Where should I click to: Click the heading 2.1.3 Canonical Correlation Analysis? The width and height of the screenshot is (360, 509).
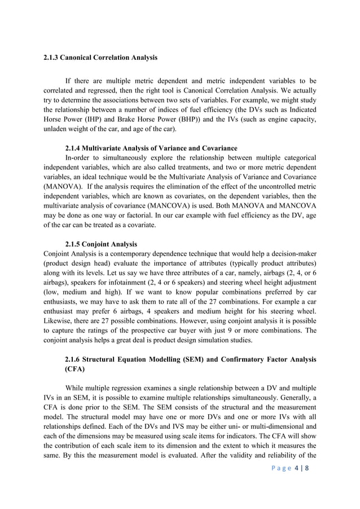[x=100, y=58]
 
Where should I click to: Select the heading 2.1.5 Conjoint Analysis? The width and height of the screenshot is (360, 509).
[x=101, y=244]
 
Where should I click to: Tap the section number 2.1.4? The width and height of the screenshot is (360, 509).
[x=76, y=148]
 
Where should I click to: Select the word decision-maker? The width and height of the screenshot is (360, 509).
[x=291, y=254]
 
